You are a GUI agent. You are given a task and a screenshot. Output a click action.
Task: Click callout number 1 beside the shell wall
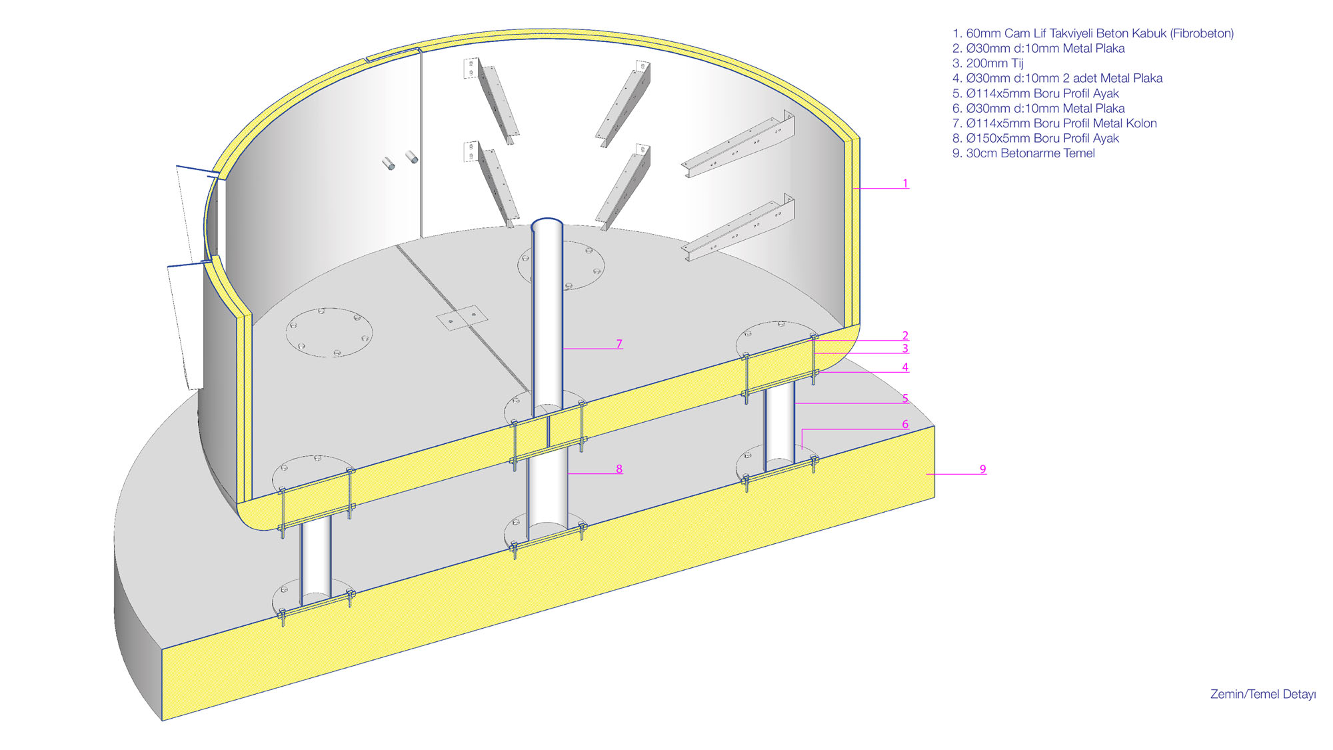[x=905, y=183]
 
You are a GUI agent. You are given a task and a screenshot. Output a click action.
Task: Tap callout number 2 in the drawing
[x=905, y=335]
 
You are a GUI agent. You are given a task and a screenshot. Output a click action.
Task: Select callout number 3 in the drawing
[x=905, y=348]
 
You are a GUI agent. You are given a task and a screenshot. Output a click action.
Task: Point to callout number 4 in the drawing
[x=905, y=367]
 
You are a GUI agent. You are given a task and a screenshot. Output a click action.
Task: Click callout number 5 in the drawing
[x=905, y=398]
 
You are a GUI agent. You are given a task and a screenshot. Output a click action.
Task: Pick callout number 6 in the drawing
[x=905, y=424]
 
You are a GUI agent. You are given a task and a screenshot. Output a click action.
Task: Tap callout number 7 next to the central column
[x=619, y=344]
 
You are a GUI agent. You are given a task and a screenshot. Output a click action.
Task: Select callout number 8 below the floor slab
[x=619, y=469]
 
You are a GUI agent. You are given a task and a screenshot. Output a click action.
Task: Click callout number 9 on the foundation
[x=982, y=469]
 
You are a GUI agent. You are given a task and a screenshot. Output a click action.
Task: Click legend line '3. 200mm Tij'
[x=988, y=63]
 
